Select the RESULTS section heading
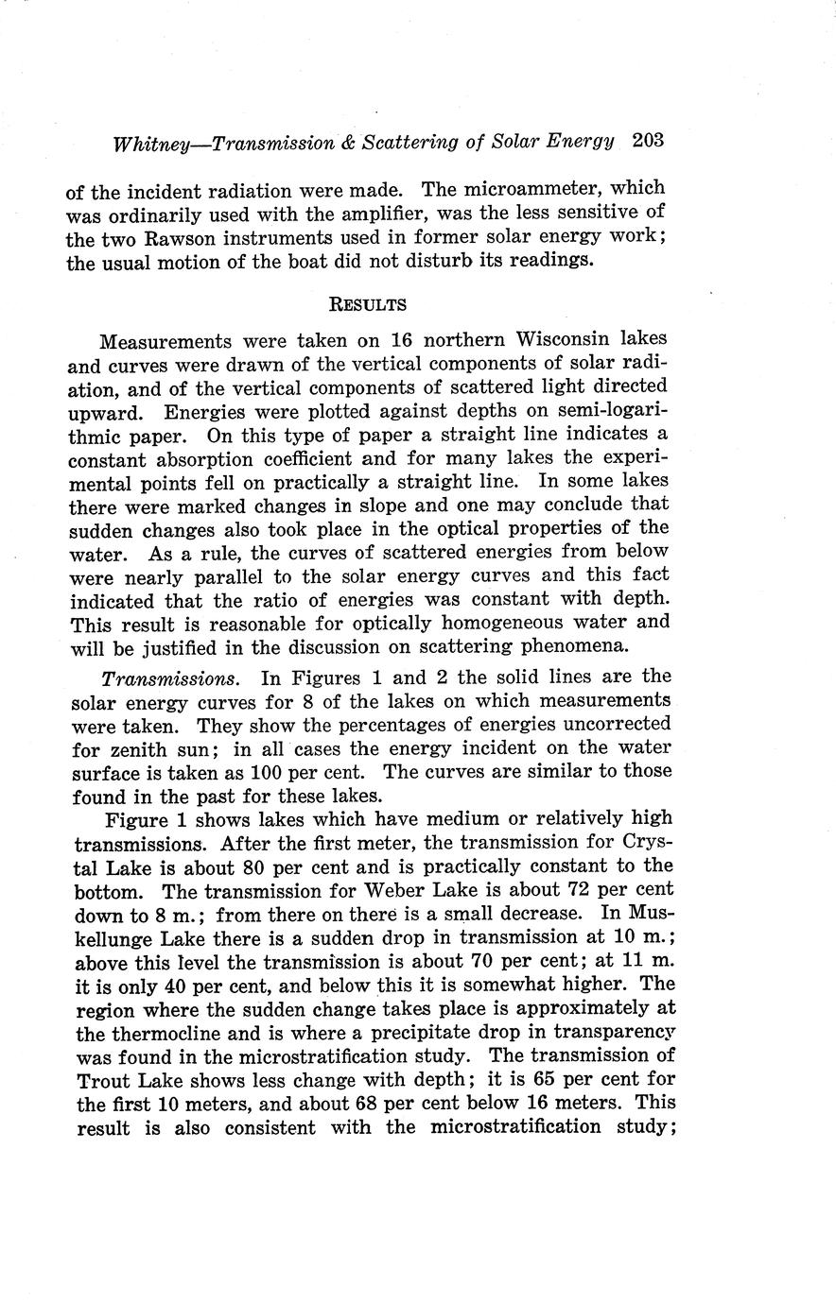click(367, 304)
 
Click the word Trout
click(103, 1080)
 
